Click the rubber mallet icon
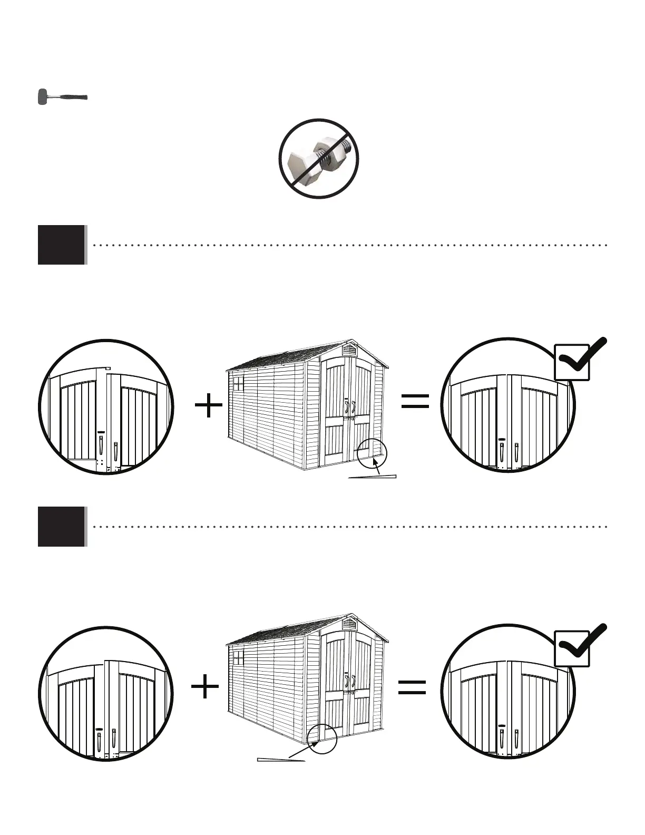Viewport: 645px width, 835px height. (x=62, y=98)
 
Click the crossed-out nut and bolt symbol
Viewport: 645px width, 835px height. (x=319, y=158)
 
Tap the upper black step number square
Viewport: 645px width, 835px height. (x=61, y=245)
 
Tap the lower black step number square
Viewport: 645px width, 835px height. (x=61, y=526)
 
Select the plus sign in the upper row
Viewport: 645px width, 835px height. (x=208, y=407)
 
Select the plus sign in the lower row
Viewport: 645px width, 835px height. (x=205, y=688)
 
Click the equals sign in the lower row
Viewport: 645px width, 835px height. (x=412, y=687)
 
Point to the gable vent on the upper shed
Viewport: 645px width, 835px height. (x=349, y=349)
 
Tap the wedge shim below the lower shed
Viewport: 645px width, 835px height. (x=281, y=760)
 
